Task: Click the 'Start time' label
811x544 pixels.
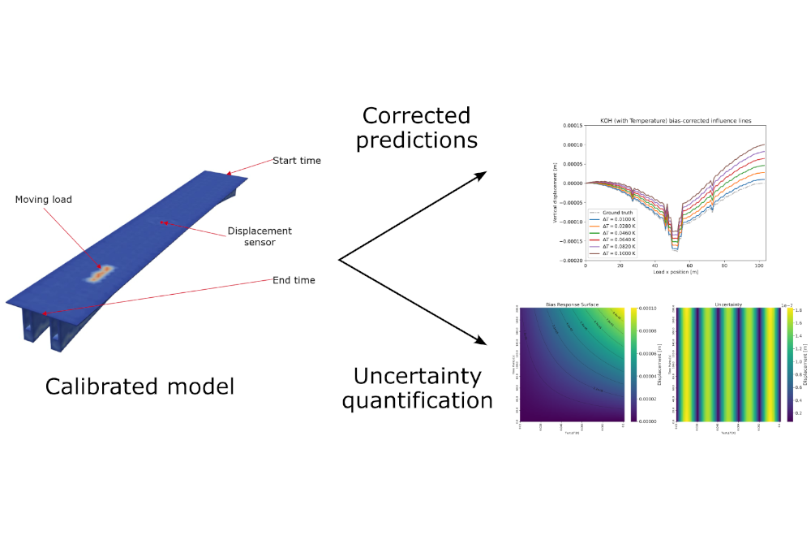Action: (x=296, y=161)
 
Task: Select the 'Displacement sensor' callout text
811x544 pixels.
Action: (x=260, y=236)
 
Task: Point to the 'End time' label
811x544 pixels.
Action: (x=294, y=281)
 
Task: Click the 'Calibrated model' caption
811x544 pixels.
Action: (x=139, y=386)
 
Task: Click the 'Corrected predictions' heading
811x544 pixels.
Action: (x=416, y=127)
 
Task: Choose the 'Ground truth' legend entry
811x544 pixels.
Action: (x=619, y=212)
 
